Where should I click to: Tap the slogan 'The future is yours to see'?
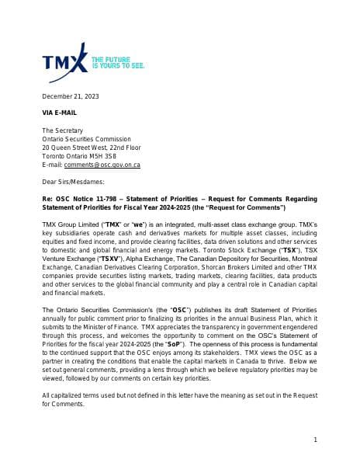click(118, 62)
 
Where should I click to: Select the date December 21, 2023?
click(71, 96)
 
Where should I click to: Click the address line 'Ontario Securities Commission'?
click(86, 138)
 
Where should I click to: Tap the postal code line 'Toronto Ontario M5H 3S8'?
click(79, 155)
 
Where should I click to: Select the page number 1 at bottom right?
click(315, 440)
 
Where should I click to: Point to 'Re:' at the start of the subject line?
click(47, 199)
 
